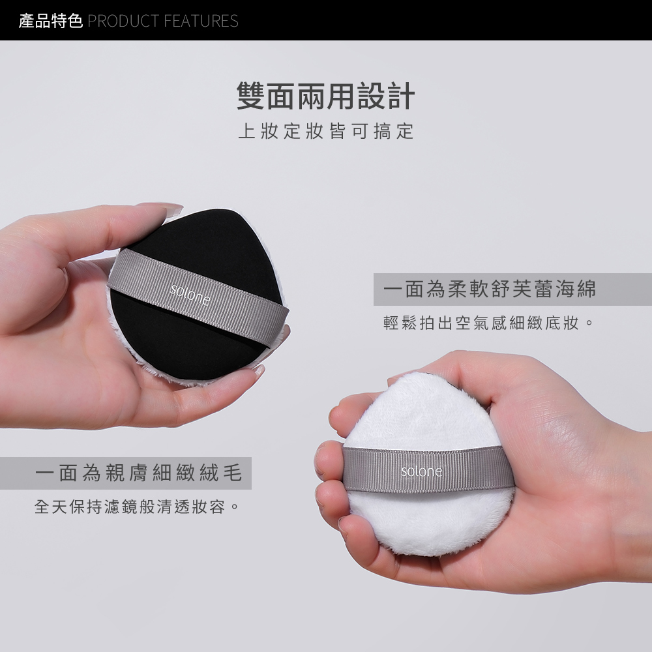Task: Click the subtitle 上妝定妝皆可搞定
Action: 325,131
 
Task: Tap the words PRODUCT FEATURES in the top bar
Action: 162,21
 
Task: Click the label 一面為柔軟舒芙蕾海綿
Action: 490,289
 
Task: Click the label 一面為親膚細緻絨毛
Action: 138,473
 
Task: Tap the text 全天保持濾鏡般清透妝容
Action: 136,506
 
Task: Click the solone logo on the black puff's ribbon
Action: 190,295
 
